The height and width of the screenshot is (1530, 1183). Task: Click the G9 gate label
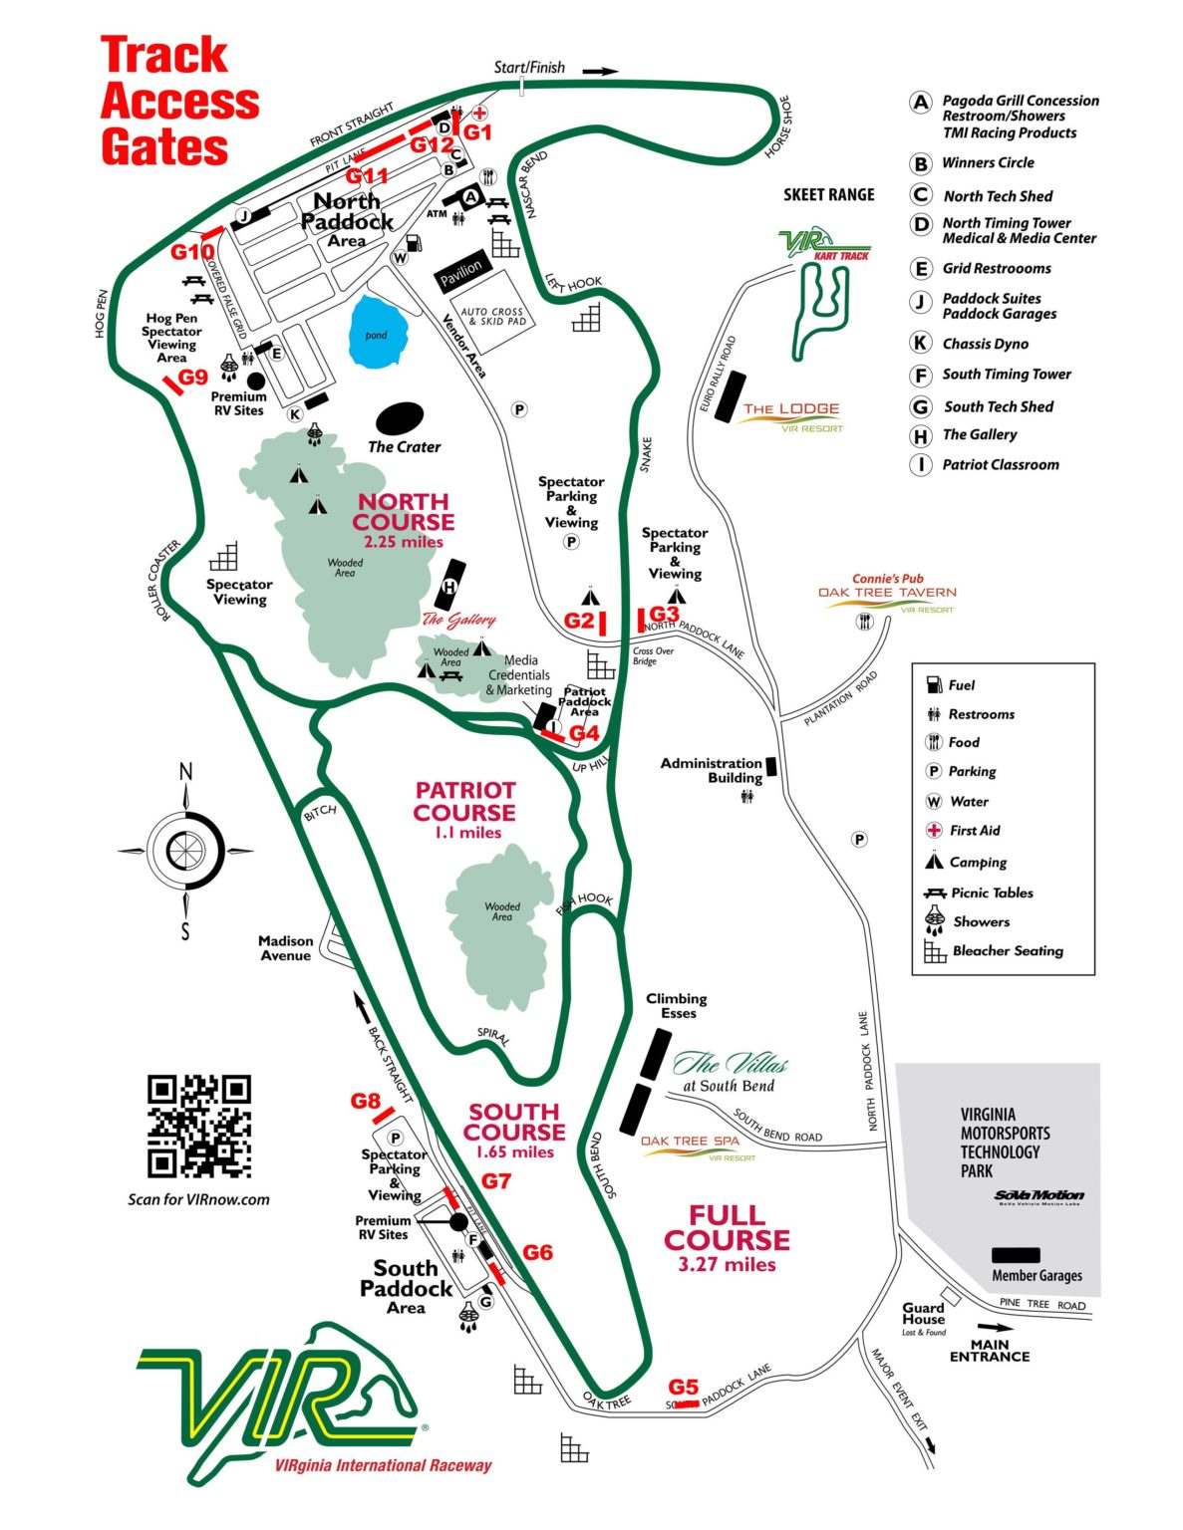point(192,378)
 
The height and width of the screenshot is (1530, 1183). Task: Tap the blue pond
point(376,333)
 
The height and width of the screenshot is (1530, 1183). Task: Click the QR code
point(198,1126)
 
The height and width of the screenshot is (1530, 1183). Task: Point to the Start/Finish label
point(529,68)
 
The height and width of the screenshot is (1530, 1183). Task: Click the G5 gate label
point(683,1387)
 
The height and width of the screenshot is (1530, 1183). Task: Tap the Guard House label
point(923,1313)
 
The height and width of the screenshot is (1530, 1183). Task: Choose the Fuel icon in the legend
point(934,684)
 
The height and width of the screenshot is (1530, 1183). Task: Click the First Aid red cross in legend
point(934,830)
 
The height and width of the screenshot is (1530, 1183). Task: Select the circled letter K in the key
point(921,344)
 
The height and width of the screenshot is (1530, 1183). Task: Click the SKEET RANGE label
point(828,195)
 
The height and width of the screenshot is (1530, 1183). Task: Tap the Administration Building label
point(711,770)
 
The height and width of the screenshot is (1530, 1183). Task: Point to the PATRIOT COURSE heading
point(465,801)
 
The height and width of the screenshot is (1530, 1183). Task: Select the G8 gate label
point(365,1101)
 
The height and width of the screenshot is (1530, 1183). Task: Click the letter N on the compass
point(185,772)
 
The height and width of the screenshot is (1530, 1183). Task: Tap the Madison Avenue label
point(285,947)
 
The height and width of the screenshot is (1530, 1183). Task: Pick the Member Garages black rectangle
point(1016,1255)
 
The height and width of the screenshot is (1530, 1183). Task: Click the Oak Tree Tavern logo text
point(887,593)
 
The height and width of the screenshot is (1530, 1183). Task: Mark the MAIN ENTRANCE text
point(989,1350)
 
